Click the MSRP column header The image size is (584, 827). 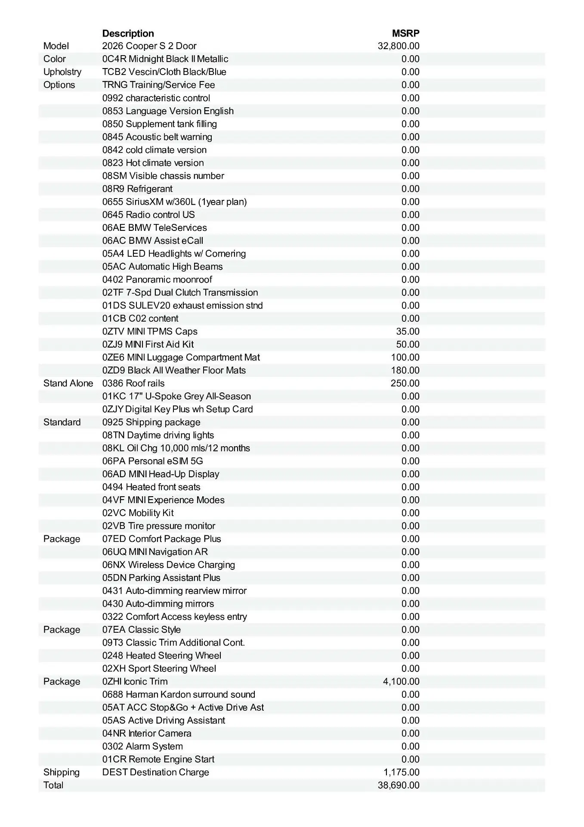pos(405,33)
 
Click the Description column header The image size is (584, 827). pos(128,33)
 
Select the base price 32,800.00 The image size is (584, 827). pos(399,46)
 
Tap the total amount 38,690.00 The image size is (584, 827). pos(399,785)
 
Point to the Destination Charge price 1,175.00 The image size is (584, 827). pos(401,772)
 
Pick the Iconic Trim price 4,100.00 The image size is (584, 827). pos(401,681)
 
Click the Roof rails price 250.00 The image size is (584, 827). pos(405,383)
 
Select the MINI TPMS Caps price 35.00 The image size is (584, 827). pos(408,332)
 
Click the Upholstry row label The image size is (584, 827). pos(62,72)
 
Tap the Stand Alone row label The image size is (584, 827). pos(68,383)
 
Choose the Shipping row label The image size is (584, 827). pos(62,772)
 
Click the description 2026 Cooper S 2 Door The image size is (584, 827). pos(149,46)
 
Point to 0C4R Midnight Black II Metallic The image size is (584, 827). pos(165,59)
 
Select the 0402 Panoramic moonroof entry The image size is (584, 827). pos(157,280)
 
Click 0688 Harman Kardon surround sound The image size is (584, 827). pos(179,694)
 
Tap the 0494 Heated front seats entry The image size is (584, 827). pos(151,487)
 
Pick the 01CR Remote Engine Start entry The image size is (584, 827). pos(158,759)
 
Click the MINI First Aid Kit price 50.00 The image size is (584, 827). pos(408,345)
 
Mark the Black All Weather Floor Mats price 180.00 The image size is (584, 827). pos(405,370)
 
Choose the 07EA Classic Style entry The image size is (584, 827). pos(142,630)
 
